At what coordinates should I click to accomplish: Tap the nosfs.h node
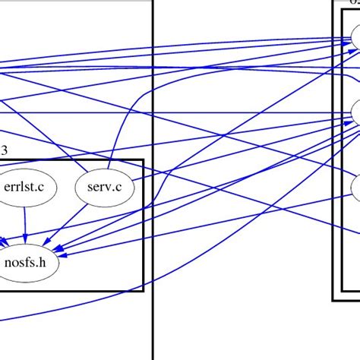(x=31, y=264)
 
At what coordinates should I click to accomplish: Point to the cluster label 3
(x=4, y=151)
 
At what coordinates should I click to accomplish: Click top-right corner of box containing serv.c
(x=143, y=160)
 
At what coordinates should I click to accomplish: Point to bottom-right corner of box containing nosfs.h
(x=143, y=290)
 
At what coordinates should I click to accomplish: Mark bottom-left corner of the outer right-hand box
(x=333, y=299)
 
